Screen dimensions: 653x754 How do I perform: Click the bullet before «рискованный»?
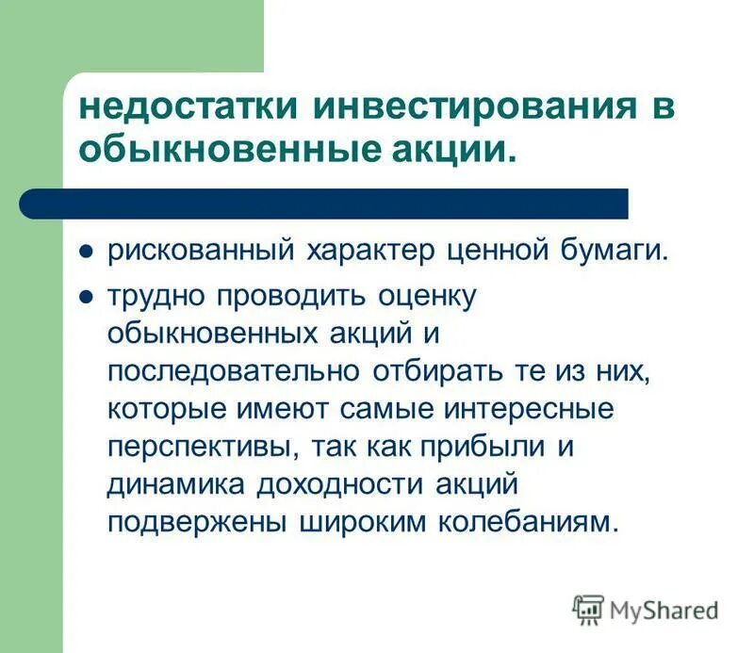(x=85, y=253)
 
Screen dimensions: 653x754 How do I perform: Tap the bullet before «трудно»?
(x=85, y=297)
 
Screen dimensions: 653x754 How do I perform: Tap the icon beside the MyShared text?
(x=589, y=610)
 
